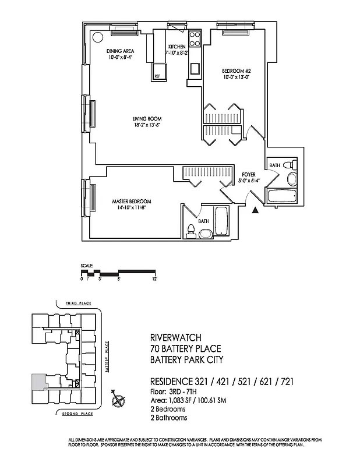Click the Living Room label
[x=146, y=119]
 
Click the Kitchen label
[x=177, y=47]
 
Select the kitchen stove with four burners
[x=195, y=40]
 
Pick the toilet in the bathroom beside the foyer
[x=292, y=177]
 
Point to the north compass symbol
[x=119, y=400]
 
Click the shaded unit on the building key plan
[x=38, y=382]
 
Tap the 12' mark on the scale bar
[x=155, y=279]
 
